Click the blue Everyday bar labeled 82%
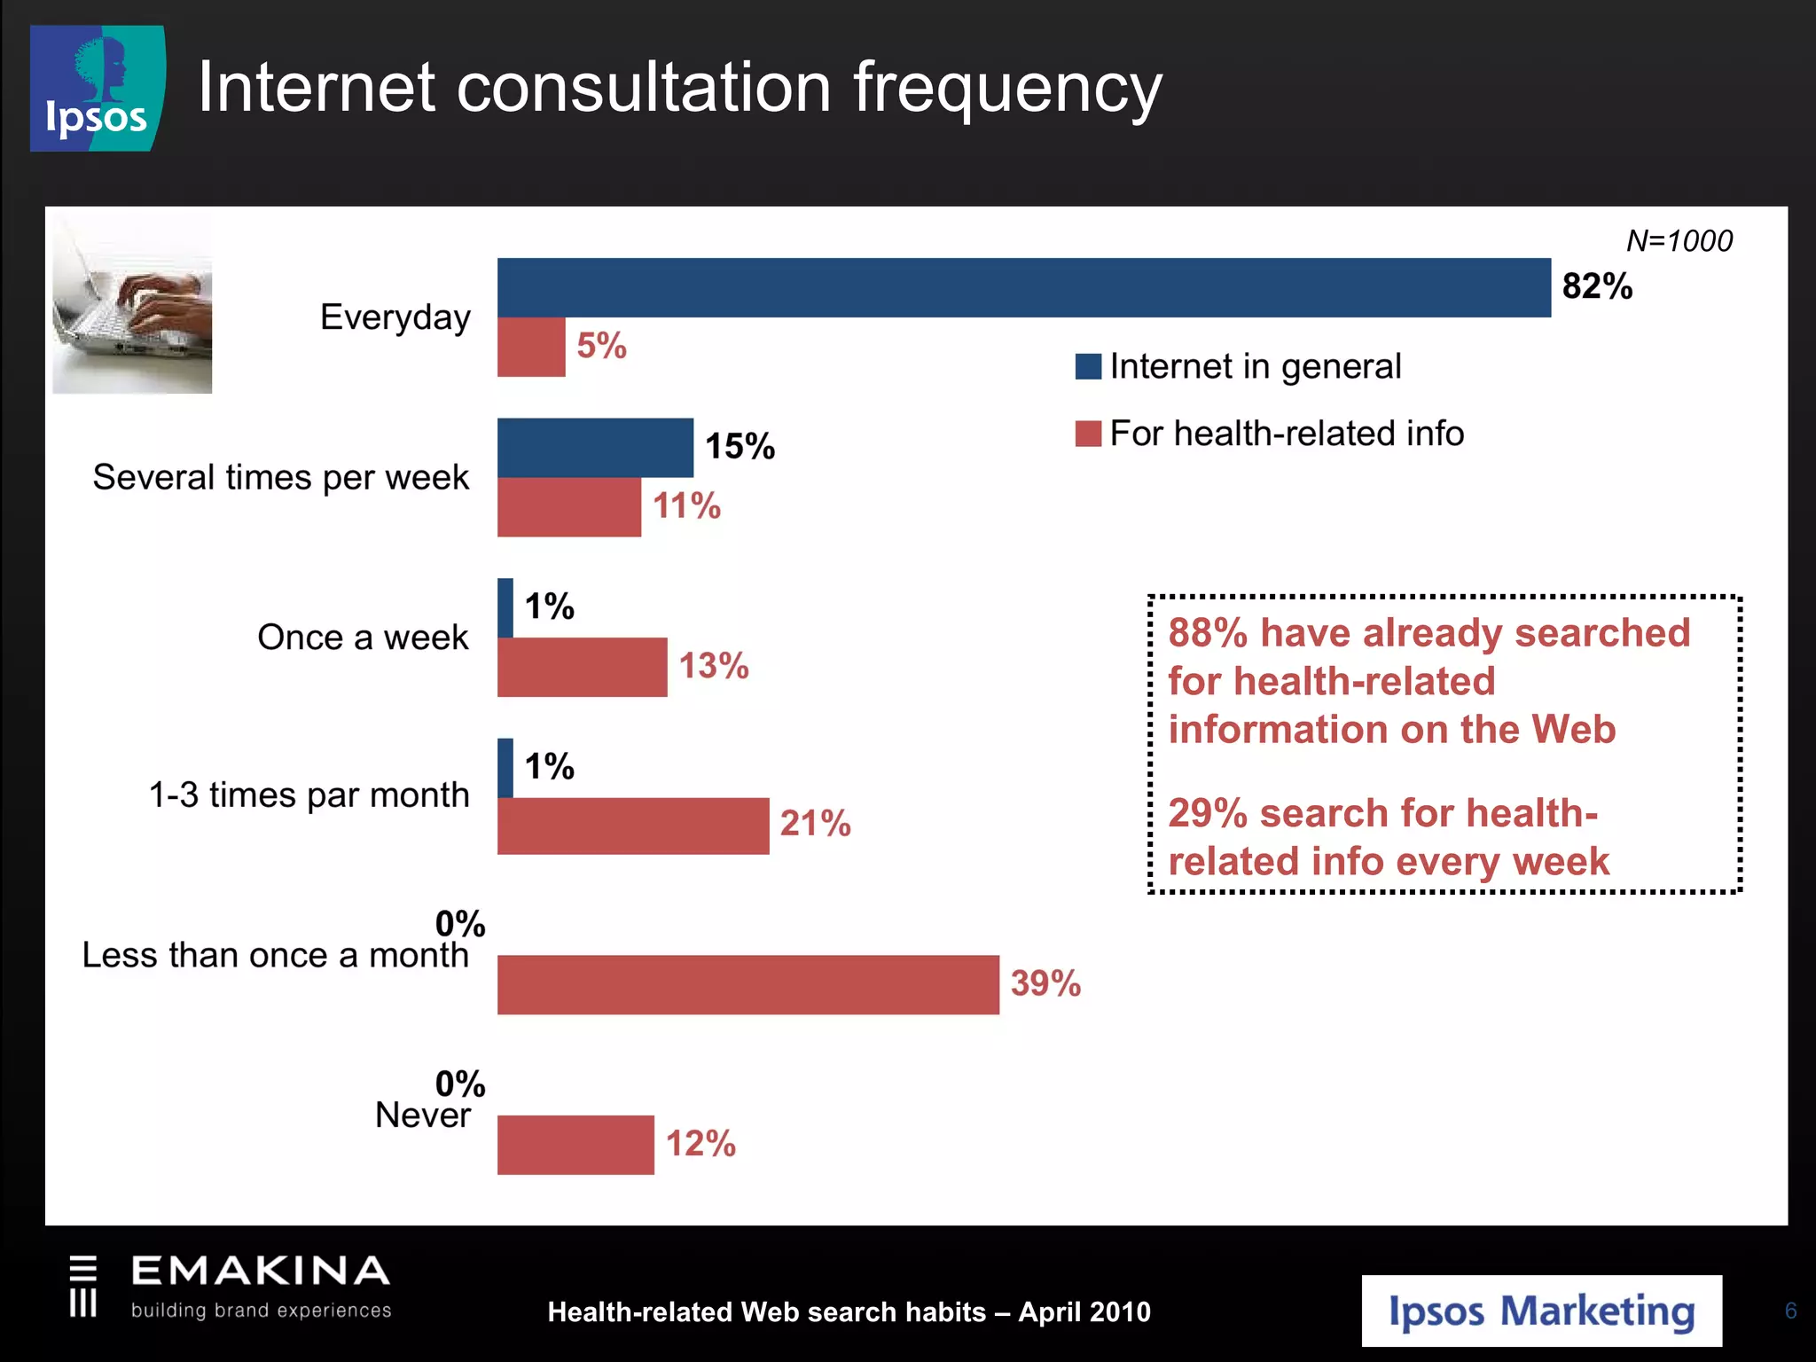pos(1023,287)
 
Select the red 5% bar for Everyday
pos(530,347)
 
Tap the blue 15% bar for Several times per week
pos(595,448)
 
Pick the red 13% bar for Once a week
pos(582,667)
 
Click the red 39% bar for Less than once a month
pos(748,984)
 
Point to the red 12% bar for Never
pos(575,1145)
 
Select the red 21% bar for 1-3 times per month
pos(632,826)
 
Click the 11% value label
pos(686,506)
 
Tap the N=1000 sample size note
pos(1679,241)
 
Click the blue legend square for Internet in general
pos(1088,366)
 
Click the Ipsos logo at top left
pos(97,89)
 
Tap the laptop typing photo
pos(132,302)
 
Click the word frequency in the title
pos(1007,89)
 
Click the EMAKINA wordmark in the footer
pos(260,1271)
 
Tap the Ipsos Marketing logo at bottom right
pos(1541,1311)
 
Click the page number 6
pos(1790,1311)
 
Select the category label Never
pos(422,1115)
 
